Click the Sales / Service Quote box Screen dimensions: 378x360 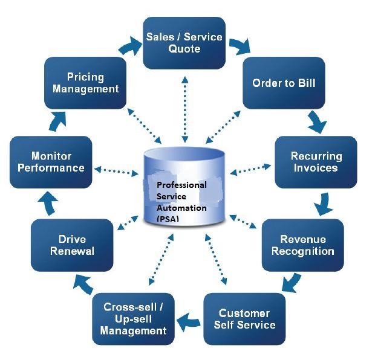(x=184, y=43)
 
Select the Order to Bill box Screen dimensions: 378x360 (x=284, y=83)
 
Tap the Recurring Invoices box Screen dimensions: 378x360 (x=316, y=162)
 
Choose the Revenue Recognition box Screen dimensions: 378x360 (x=303, y=245)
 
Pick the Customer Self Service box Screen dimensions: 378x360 (x=244, y=319)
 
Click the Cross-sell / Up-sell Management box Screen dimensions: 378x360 (x=133, y=319)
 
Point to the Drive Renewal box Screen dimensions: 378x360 (x=72, y=245)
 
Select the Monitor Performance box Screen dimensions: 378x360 (x=51, y=162)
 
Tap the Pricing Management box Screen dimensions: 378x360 (x=85, y=83)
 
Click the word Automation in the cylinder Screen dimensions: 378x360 (x=181, y=208)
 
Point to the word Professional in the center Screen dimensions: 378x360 (x=181, y=185)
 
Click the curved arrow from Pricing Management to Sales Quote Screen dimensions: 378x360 (x=130, y=46)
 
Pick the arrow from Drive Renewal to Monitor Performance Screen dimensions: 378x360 (x=48, y=204)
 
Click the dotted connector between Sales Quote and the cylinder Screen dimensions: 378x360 (x=185, y=109)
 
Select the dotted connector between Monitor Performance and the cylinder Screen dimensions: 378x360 (x=116, y=171)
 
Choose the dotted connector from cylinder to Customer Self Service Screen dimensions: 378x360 (x=216, y=259)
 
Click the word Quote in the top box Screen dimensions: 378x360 (x=184, y=49)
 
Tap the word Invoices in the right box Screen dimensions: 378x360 (x=316, y=168)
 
